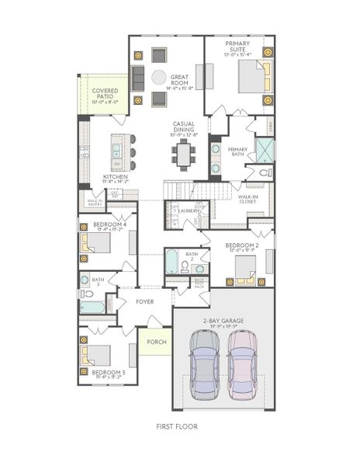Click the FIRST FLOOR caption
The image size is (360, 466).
pos(176,426)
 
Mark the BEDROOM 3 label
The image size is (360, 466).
pos(102,373)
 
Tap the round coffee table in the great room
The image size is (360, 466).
pos(158,78)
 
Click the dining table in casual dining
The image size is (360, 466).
pos(184,155)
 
